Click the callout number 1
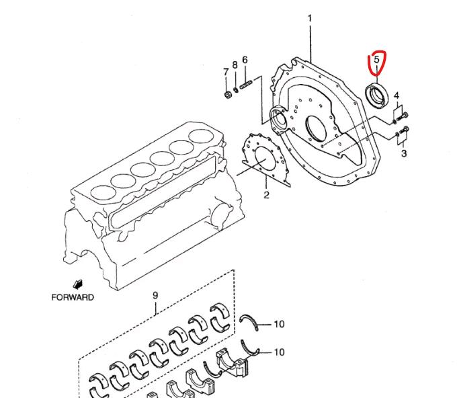pos(310,19)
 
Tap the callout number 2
pos(266,195)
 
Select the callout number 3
pos(404,153)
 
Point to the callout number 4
pos(397,95)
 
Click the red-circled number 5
pos(377,59)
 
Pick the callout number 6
pos(245,60)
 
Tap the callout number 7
pos(226,72)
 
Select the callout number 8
pos(235,65)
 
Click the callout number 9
pos(155,295)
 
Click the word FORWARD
pos(73,297)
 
